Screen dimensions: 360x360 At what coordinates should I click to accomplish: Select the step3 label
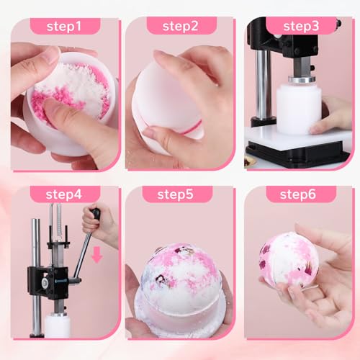[x=300, y=26]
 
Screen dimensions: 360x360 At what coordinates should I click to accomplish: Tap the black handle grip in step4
[x=94, y=214]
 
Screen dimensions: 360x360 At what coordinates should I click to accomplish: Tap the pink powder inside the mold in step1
[x=68, y=94]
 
